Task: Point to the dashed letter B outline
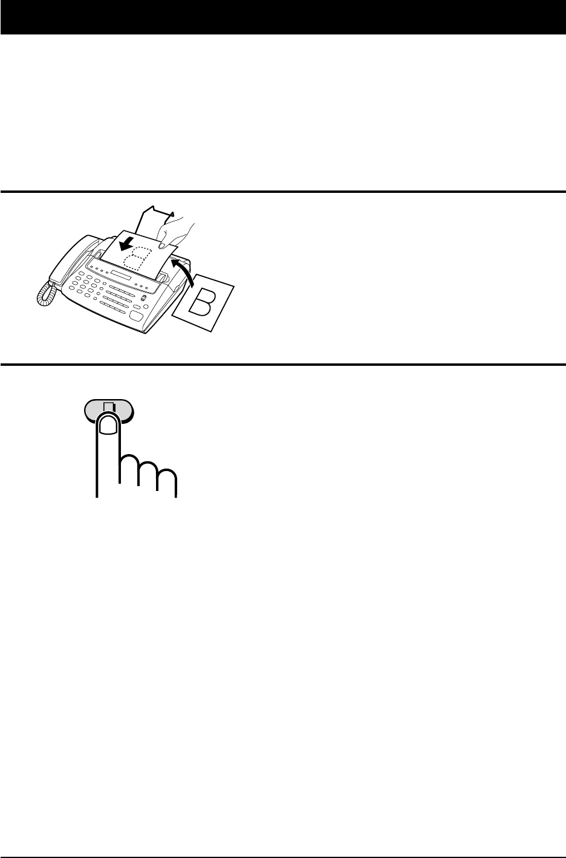pos(136,258)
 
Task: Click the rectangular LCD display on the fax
pos(120,275)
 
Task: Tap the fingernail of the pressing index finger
pos(108,426)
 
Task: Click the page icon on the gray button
pos(109,407)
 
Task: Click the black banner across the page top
pos(283,18)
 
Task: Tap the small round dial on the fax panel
pos(144,298)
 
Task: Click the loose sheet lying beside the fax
pos(203,303)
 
